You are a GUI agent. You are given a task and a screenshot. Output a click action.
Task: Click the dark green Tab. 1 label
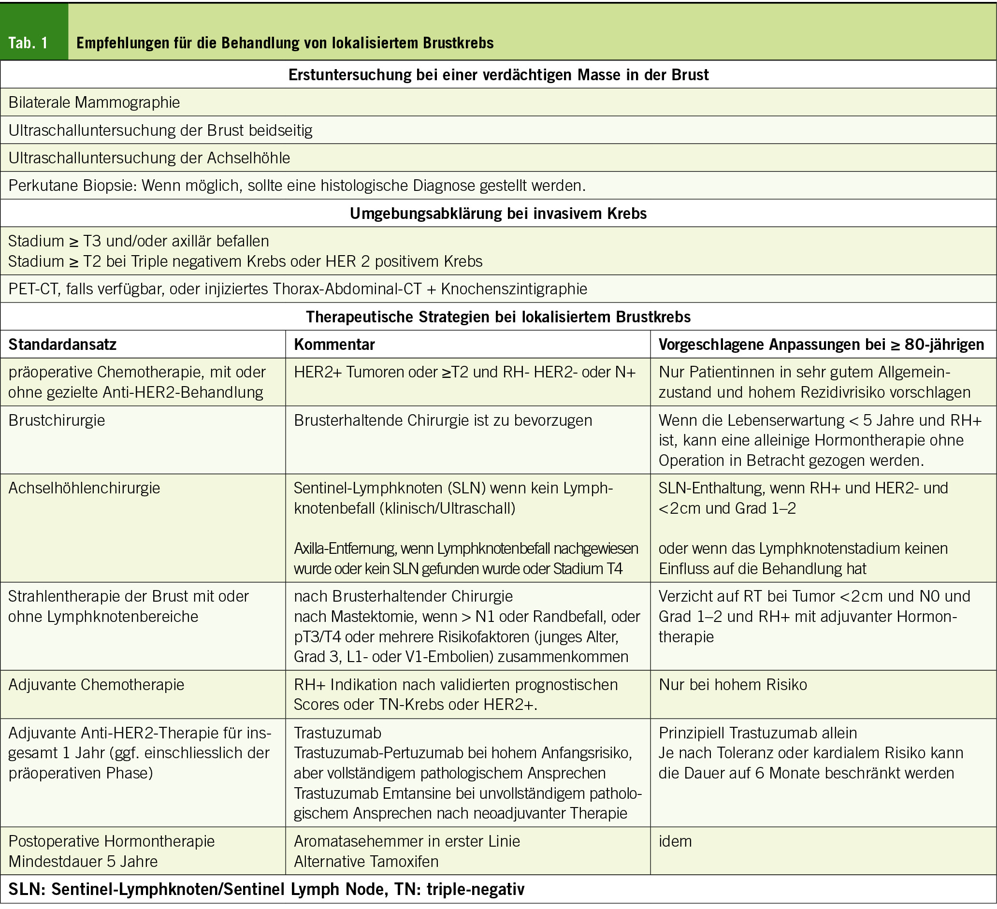(x=29, y=43)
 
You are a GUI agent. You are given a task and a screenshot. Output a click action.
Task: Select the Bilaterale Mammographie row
(x=94, y=102)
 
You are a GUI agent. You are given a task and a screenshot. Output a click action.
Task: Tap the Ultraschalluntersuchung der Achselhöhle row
(x=149, y=158)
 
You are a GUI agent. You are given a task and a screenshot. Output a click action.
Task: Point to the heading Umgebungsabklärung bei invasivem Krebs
(x=498, y=213)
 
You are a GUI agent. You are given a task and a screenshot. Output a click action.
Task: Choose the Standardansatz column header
(x=62, y=344)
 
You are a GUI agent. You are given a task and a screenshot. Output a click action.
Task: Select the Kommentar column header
(x=334, y=344)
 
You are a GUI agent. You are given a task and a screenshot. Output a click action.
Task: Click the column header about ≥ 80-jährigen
(x=821, y=344)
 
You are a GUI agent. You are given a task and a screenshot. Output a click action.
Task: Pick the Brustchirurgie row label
(x=57, y=420)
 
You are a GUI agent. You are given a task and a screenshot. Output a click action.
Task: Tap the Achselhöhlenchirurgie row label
(x=84, y=488)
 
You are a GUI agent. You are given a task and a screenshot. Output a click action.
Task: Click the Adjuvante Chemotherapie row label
(x=96, y=684)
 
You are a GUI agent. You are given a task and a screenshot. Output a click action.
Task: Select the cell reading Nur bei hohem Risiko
(x=733, y=684)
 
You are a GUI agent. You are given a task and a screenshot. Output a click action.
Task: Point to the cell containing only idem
(x=675, y=841)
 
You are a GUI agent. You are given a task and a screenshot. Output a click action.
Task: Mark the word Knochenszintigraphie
(x=514, y=289)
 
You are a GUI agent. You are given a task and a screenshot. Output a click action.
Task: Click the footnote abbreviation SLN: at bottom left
(x=27, y=889)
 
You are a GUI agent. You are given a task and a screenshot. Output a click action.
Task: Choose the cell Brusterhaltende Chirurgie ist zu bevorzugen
(x=443, y=420)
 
